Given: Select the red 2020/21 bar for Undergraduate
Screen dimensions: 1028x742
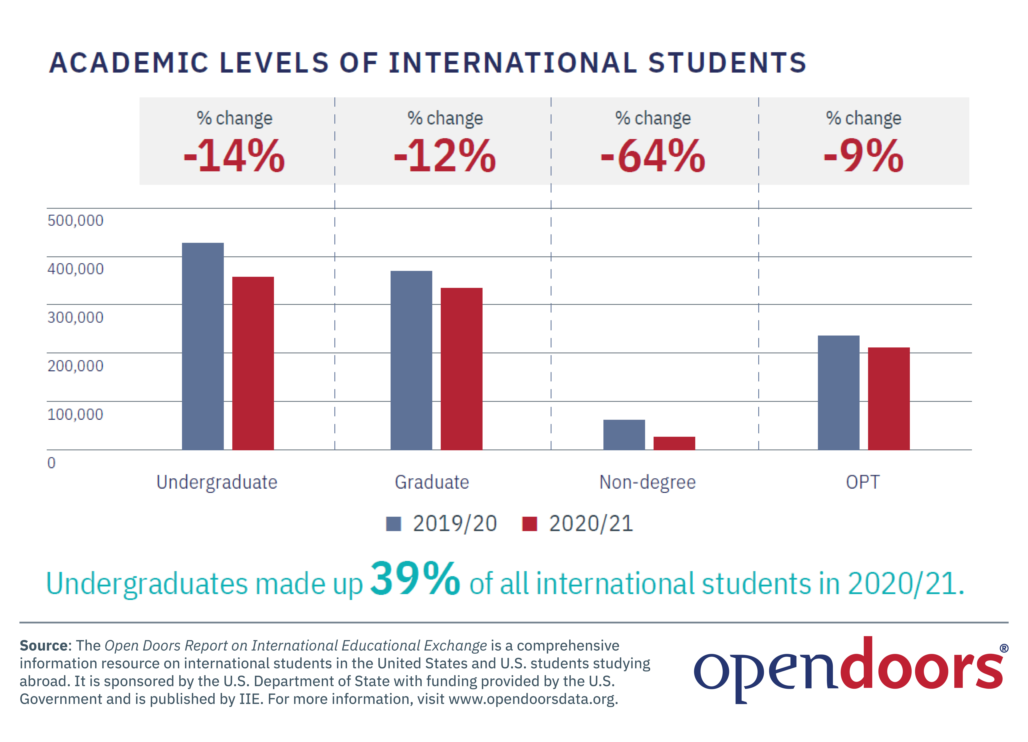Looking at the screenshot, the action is click(x=253, y=363).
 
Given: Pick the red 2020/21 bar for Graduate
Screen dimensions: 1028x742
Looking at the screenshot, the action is click(x=461, y=369).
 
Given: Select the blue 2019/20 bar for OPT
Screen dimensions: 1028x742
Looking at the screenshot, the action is click(x=839, y=393).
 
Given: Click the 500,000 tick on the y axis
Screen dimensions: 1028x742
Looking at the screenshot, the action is click(x=75, y=221).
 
